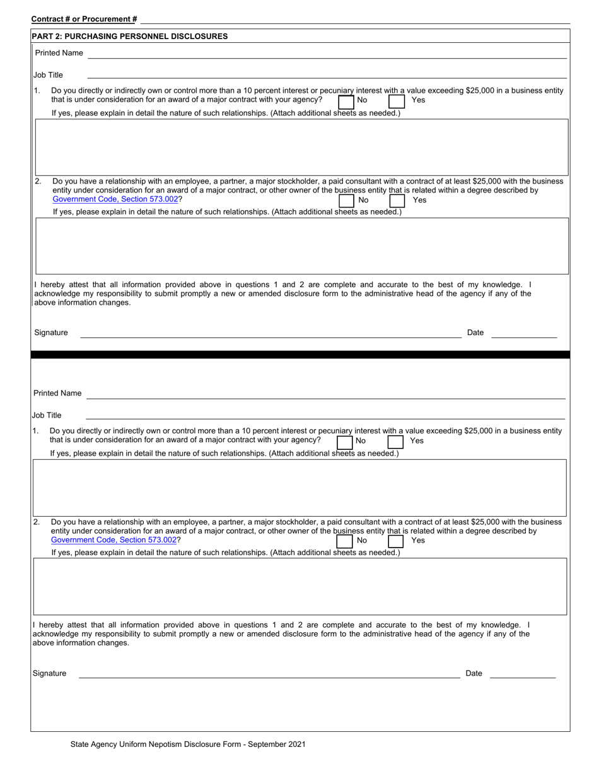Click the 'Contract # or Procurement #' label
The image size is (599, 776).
[84, 20]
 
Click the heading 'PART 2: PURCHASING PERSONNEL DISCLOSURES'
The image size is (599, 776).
[129, 37]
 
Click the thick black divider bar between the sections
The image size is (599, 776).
[300, 355]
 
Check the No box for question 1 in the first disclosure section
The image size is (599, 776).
[346, 101]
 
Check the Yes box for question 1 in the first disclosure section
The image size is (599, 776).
[396, 101]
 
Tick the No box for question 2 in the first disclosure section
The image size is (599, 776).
[347, 201]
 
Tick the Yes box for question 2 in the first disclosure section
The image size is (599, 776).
[397, 201]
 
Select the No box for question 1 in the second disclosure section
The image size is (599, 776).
[345, 442]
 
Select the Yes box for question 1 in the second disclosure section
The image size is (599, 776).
[395, 442]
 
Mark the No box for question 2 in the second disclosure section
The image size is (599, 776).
[345, 541]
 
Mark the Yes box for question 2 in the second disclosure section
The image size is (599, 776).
[395, 541]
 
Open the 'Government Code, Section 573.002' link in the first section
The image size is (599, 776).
[115, 199]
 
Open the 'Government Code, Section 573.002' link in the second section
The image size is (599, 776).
[114, 540]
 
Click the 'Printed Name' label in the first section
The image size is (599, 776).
[59, 53]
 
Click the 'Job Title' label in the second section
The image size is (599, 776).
[47, 415]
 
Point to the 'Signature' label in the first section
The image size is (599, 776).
[51, 332]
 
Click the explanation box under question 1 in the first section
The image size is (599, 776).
[301, 146]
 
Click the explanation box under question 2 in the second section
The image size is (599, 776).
[300, 586]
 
